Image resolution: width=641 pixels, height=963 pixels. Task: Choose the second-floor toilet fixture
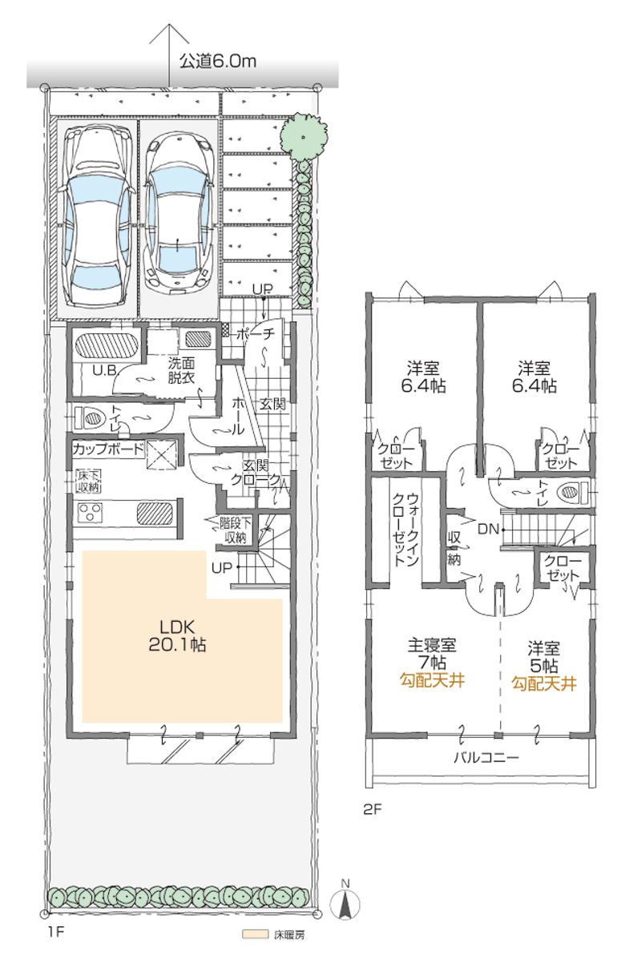[573, 490]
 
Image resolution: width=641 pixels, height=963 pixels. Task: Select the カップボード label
[108, 449]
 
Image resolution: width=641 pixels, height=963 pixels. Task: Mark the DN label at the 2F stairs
[486, 529]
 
